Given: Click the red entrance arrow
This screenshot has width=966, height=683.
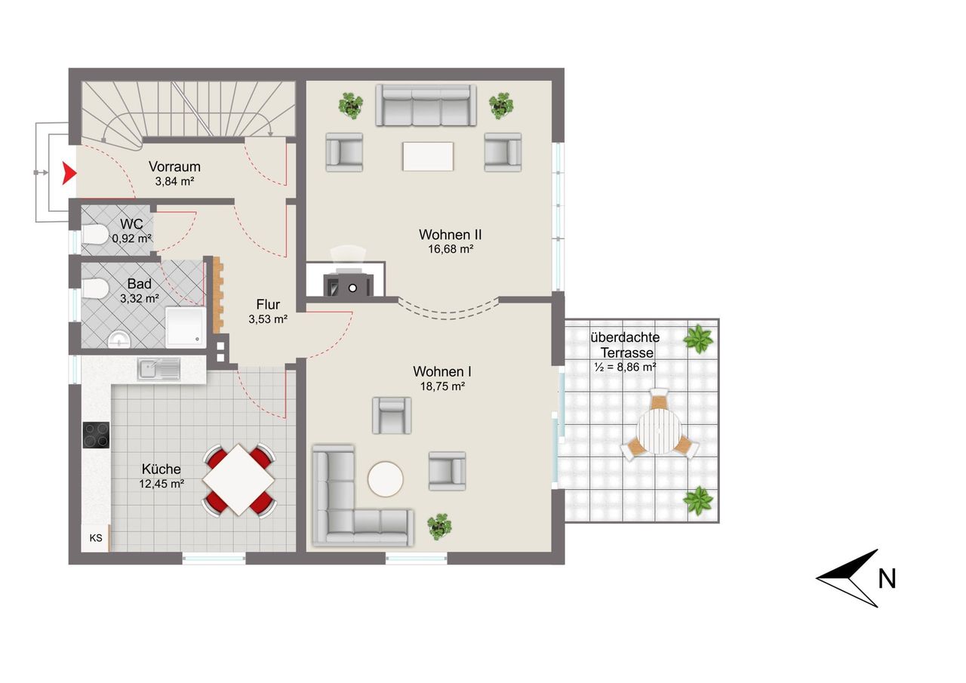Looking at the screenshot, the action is point(68,174).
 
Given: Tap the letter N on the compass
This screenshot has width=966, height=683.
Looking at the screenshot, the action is point(887,579).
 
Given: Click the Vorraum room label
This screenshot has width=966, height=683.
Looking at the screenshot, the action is point(174,167).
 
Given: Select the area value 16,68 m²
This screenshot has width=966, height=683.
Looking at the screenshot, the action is point(451,249).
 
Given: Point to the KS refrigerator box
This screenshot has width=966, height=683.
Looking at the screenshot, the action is point(96,537).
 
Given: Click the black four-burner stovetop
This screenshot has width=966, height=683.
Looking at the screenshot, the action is point(96,435).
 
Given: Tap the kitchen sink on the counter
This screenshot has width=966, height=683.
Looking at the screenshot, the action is point(158,370).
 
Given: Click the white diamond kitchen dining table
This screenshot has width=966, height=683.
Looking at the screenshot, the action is point(239,479).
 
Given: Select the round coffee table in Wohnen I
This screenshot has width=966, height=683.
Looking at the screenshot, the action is point(386,479).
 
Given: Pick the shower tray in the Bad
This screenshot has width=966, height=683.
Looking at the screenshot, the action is point(186,327).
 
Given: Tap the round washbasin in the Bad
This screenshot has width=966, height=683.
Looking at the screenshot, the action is point(118,340).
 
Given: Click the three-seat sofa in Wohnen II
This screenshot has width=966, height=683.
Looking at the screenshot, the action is point(426,105).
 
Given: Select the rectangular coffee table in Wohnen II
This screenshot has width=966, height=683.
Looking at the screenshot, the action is point(428,156).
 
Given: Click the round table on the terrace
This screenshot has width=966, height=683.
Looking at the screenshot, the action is point(659,431).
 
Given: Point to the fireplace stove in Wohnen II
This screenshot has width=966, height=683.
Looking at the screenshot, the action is point(349,285).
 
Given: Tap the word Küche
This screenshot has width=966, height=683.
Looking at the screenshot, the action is point(162,469).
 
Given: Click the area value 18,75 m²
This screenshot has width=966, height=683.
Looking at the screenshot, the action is point(442,386).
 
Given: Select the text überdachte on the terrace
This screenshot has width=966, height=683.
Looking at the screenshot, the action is point(625,337).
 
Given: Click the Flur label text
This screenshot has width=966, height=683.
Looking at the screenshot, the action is point(268,304).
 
